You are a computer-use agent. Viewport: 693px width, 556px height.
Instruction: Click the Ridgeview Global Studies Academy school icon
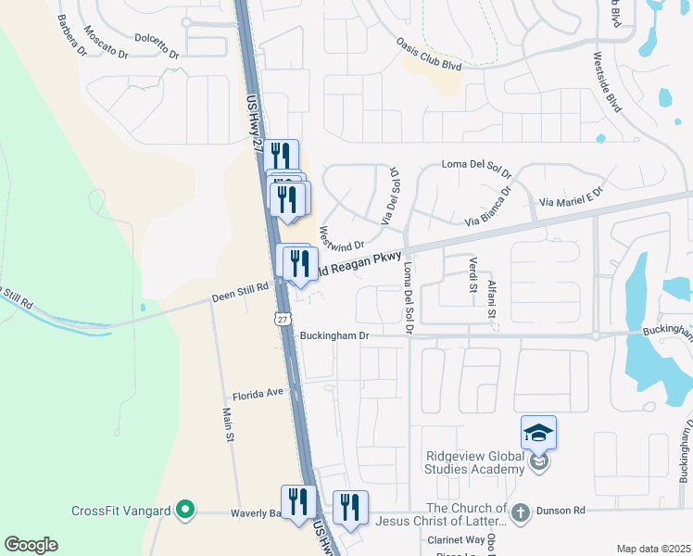click(539, 433)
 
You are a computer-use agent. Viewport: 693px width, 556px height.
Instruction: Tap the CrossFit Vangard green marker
click(184, 510)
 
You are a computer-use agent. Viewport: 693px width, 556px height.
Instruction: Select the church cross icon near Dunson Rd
click(521, 511)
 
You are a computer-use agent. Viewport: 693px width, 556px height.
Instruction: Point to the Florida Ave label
click(257, 393)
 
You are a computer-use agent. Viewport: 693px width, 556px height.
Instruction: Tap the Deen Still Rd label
click(239, 287)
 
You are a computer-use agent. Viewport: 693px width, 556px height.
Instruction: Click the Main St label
click(227, 425)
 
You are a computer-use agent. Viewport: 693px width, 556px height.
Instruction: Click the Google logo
click(31, 545)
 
